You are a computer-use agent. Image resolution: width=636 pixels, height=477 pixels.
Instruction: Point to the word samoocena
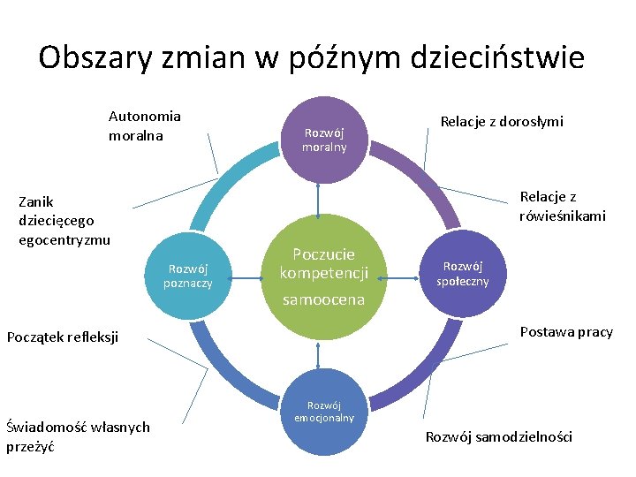(x=323, y=300)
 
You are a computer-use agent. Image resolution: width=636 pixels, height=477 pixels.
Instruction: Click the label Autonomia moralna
(x=144, y=125)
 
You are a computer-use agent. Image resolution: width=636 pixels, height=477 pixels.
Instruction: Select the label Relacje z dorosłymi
(x=502, y=121)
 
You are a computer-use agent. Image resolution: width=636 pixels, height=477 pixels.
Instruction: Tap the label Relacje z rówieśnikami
(x=563, y=206)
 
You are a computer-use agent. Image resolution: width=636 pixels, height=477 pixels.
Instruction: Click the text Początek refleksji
(x=62, y=336)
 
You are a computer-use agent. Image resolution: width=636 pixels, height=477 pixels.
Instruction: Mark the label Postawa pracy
(x=565, y=331)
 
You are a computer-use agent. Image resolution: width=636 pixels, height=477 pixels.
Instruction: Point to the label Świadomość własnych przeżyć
(x=78, y=436)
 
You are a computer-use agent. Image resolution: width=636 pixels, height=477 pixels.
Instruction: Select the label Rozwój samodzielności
(x=499, y=436)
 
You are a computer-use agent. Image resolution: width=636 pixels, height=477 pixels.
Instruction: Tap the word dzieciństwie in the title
(x=496, y=58)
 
